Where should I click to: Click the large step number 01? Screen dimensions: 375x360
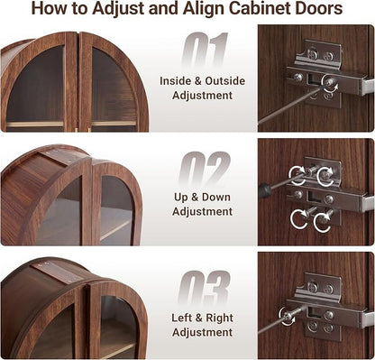(x=204, y=50)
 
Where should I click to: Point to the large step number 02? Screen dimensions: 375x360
(x=205, y=169)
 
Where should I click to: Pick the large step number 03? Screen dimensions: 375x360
(x=204, y=287)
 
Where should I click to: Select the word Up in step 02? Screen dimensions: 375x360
(x=181, y=198)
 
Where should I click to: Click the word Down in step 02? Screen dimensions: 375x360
(x=216, y=198)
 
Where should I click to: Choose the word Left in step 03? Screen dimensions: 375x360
(x=181, y=318)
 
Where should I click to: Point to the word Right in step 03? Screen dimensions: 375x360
(x=220, y=318)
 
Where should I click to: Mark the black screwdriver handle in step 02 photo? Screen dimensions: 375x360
(x=264, y=190)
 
